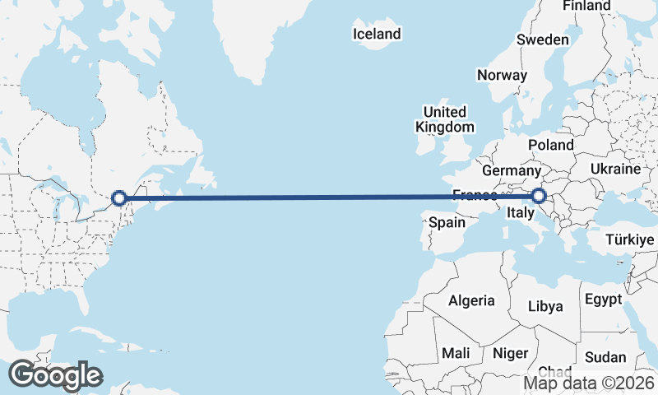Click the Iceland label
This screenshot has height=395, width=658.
[377, 34]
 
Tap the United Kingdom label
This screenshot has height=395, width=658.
[445, 119]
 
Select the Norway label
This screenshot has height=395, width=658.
[502, 75]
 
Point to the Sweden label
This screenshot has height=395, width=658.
[543, 39]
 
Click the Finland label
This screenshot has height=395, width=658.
[586, 6]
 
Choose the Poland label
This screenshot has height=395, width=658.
[551, 145]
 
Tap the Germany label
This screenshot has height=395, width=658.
[510, 170]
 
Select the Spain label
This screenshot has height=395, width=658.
[447, 222]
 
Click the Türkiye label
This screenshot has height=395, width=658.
[628, 239]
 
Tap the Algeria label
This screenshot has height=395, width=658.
[471, 300]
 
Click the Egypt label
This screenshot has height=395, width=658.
[603, 300]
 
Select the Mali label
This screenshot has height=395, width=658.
[456, 353]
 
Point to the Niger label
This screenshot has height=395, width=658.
[510, 353]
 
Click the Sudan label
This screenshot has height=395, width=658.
[605, 357]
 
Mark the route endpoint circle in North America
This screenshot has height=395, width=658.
[119, 197]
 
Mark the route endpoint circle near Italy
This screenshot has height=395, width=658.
[539, 196]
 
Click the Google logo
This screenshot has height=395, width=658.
[55, 374]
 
